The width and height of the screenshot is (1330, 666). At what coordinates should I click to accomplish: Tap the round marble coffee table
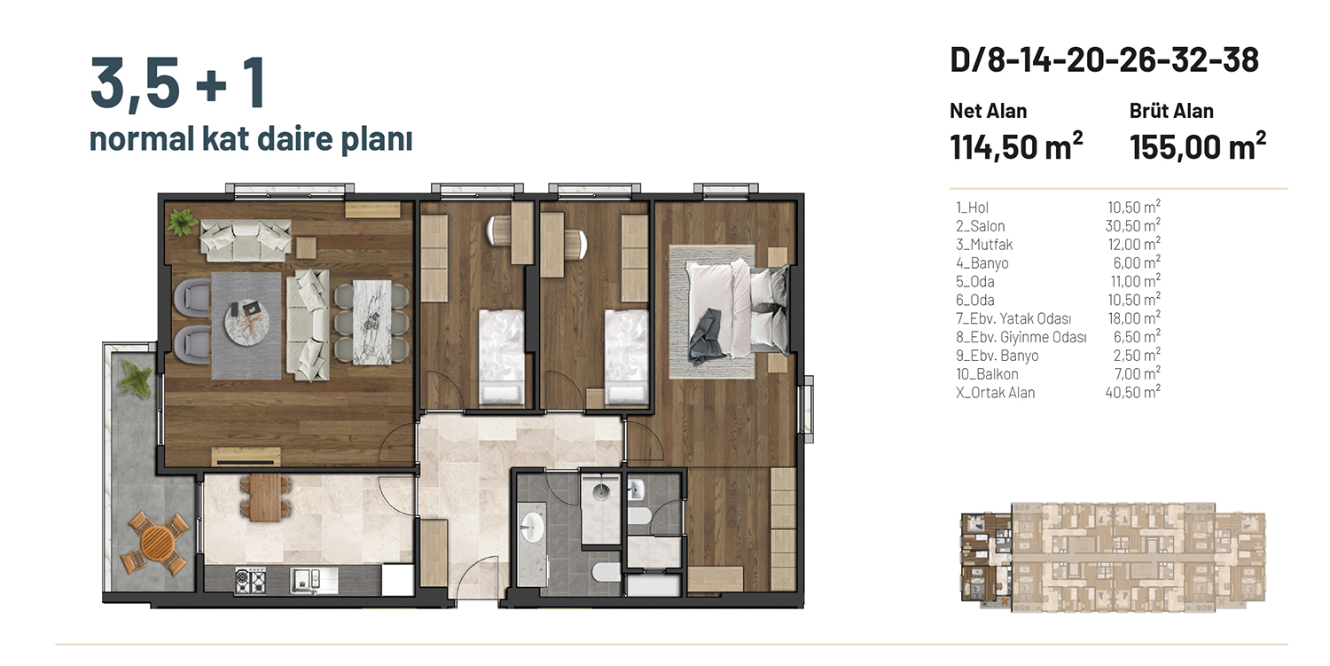(x=247, y=321)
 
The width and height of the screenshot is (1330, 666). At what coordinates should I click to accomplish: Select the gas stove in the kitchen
(x=250, y=581)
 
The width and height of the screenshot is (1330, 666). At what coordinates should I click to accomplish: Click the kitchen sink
(x=306, y=581)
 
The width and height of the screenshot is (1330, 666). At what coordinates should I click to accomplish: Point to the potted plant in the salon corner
(x=182, y=223)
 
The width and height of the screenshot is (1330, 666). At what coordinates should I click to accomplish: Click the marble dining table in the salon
(x=372, y=322)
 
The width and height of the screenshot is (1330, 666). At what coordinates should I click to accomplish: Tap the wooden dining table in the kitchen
(x=266, y=498)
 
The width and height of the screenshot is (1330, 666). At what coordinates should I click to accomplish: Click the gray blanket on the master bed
(x=708, y=338)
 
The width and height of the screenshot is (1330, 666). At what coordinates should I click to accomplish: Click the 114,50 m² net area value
(x=1016, y=146)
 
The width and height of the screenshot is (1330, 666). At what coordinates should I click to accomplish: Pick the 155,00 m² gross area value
(x=1198, y=146)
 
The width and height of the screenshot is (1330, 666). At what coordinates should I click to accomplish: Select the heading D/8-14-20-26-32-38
(x=1104, y=60)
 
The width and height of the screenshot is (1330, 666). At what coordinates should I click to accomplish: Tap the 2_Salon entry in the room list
(x=981, y=226)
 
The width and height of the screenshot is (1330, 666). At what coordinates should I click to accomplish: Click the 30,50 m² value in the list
(x=1133, y=226)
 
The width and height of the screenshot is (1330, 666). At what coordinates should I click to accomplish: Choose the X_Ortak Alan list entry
(x=995, y=393)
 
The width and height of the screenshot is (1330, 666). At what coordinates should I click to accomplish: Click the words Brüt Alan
(x=1171, y=111)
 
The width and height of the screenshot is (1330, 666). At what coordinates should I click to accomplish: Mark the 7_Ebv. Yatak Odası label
(x=1013, y=319)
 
